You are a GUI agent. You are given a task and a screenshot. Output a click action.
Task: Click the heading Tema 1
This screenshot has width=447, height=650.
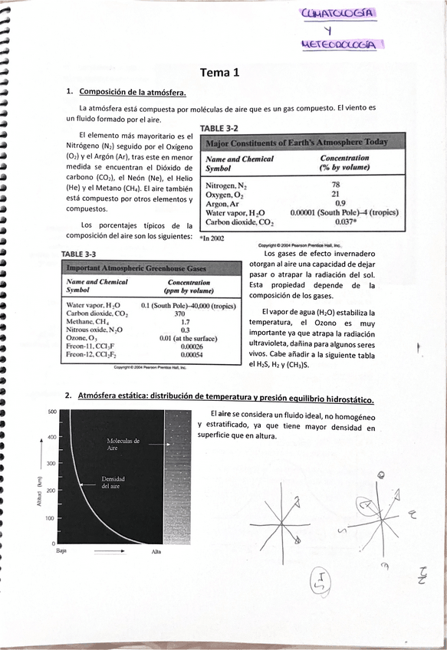(220, 74)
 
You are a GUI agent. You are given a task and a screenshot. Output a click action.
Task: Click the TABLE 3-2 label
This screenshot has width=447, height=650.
(220, 129)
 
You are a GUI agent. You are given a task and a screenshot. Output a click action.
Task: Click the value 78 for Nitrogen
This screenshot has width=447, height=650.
(336, 185)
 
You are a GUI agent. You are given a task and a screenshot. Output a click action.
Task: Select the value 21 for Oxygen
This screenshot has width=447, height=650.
(336, 194)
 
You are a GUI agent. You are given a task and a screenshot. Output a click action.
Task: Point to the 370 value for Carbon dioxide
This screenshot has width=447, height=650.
(179, 314)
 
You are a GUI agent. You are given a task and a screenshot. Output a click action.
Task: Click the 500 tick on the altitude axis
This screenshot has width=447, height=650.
(53, 412)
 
